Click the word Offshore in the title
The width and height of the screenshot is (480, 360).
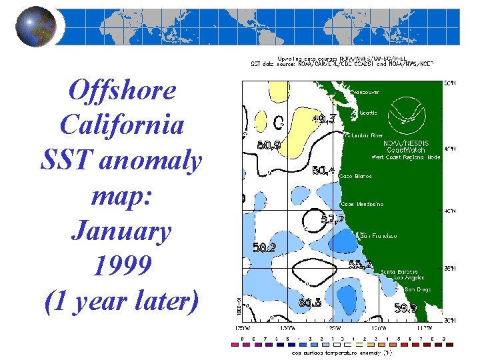pyautogui.click(x=122, y=90)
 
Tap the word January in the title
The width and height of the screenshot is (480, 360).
pyautogui.click(x=121, y=231)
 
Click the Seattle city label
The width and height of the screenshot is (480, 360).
pyautogui.click(x=367, y=113)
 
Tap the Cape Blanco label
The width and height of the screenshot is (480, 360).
pyautogui.click(x=355, y=176)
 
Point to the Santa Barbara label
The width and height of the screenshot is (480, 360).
pyautogui.click(x=402, y=271)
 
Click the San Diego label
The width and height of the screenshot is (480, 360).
pyautogui.click(x=417, y=289)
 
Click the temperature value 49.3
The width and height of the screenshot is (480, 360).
pyautogui.click(x=323, y=119)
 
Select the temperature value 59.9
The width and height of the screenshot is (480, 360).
pyautogui.click(x=405, y=308)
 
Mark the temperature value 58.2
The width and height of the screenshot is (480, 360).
pyautogui.click(x=265, y=247)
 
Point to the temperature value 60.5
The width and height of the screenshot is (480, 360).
pyautogui.click(x=310, y=303)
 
